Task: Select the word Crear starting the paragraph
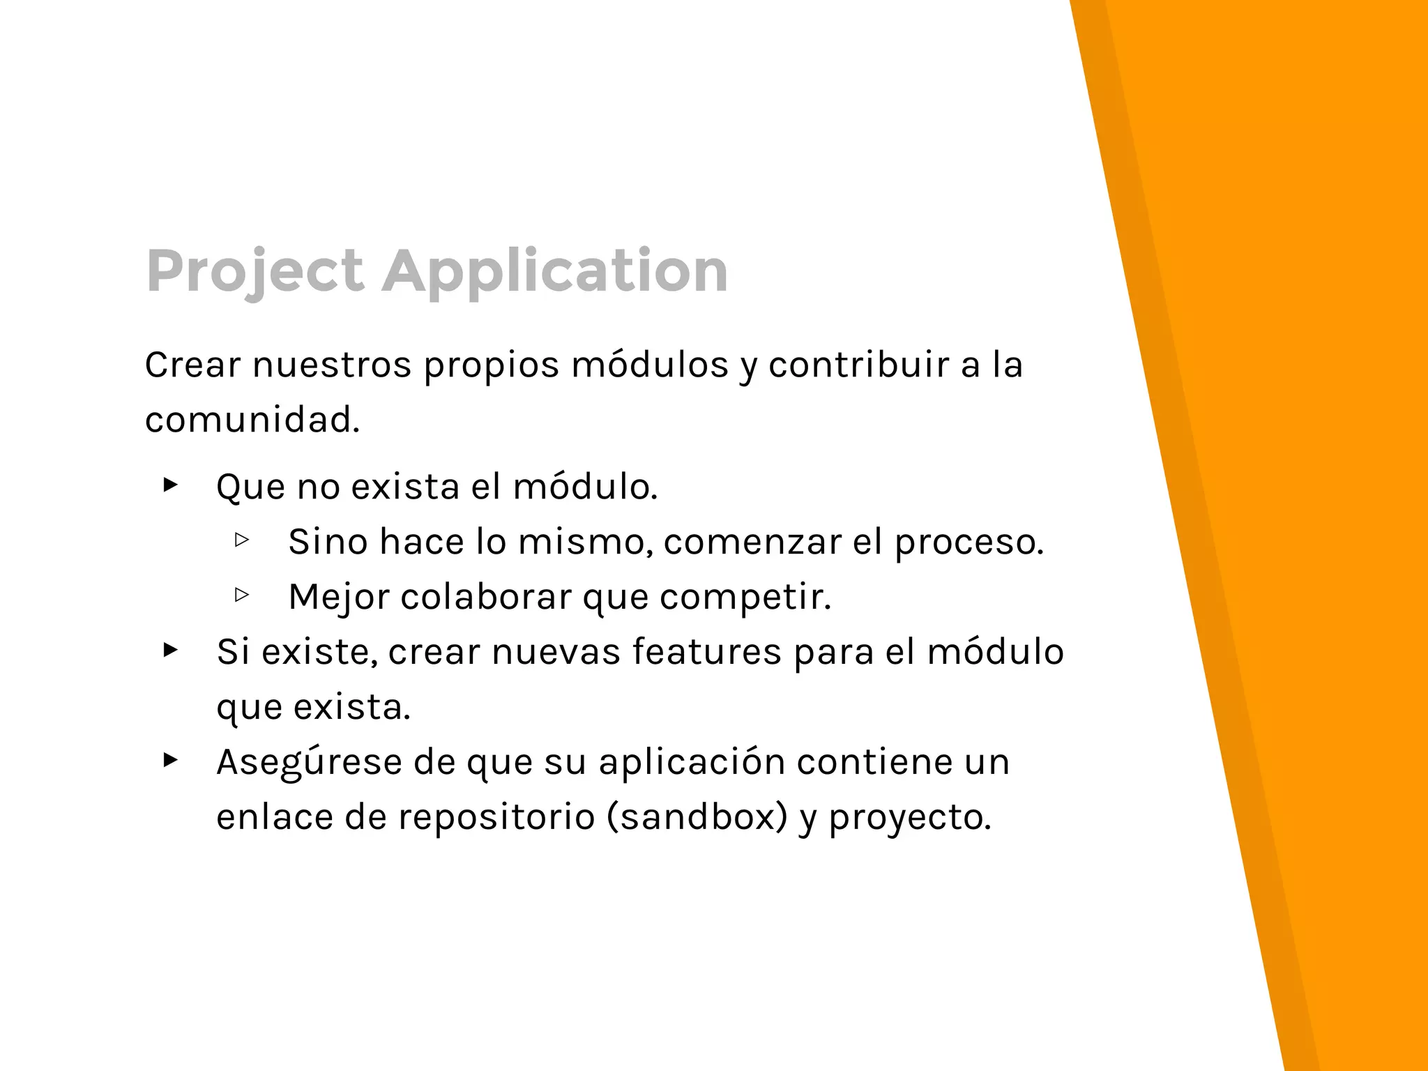[192, 365]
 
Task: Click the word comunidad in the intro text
[252, 420]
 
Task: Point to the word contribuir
[859, 365]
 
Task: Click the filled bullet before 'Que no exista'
[170, 485]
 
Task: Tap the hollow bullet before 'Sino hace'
[242, 540]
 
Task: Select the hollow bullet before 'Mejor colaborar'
[242, 595]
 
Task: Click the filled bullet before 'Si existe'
[170, 650]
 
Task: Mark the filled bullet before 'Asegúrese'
[170, 759]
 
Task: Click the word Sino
[328, 542]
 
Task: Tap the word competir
[745, 597]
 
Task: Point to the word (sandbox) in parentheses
[697, 816]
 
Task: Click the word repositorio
[496, 816]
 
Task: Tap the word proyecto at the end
[909, 816]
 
